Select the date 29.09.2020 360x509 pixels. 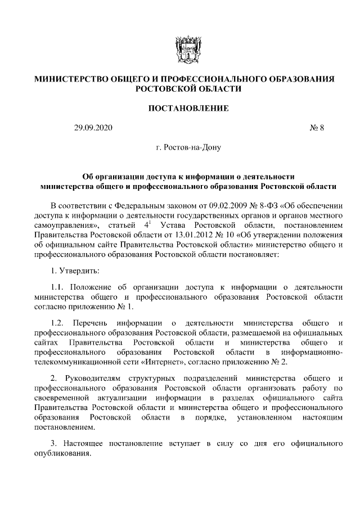[93, 128]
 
